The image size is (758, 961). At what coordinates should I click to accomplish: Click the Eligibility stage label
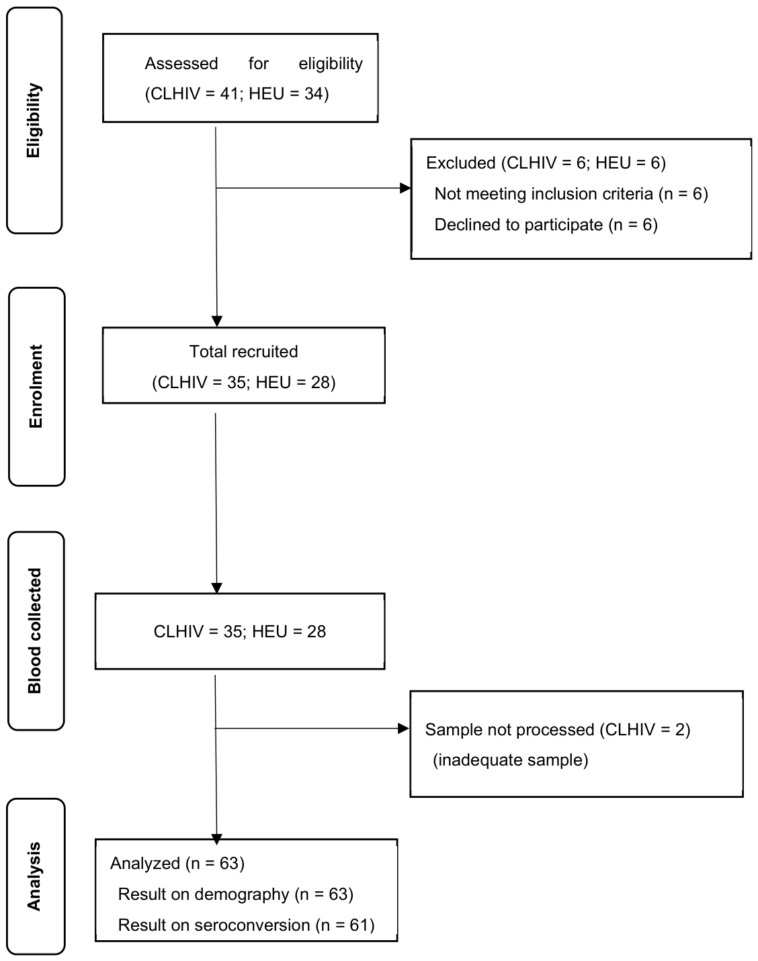point(34,121)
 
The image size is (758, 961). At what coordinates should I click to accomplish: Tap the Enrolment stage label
point(36,386)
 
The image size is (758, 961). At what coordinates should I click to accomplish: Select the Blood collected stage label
point(35,631)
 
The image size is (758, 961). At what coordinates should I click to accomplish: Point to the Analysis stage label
point(34,876)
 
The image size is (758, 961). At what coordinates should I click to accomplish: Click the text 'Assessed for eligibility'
point(253,64)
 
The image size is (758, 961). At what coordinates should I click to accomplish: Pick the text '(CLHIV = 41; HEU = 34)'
point(237,93)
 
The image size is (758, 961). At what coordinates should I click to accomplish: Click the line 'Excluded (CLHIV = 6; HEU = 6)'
point(546,163)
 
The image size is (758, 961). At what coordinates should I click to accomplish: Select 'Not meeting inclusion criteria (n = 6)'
point(571,194)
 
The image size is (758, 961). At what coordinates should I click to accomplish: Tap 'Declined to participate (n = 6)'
point(546,225)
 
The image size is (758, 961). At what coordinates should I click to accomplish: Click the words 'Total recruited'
point(243,351)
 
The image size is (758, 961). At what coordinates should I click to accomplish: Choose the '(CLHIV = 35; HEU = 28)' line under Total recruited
point(243,382)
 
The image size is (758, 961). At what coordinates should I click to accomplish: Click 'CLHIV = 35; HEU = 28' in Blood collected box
point(239,631)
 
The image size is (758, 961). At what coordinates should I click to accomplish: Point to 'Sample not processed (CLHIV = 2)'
point(557,729)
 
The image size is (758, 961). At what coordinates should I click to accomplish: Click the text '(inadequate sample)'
point(510,760)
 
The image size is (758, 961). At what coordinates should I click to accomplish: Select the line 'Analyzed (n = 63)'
point(177,863)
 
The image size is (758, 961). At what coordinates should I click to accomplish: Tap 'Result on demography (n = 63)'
point(235,894)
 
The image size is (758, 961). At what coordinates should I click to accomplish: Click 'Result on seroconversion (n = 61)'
point(246,925)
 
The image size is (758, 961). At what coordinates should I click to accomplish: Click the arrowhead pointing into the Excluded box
point(405,188)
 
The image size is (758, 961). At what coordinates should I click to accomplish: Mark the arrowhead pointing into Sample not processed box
point(404,729)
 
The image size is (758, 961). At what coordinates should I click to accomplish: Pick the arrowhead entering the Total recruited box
point(216,321)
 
